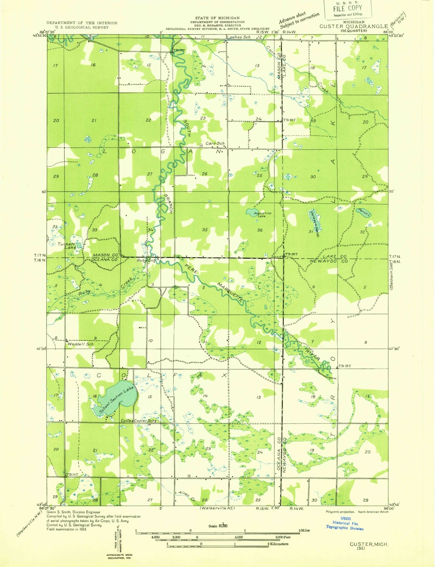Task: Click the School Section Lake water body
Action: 116,397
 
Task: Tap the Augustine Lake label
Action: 262,215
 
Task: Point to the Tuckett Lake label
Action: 67,246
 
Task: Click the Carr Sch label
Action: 215,144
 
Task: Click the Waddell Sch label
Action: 81,344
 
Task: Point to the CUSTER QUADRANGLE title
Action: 354,26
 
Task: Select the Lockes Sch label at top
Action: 238,37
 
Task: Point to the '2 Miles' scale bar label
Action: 304,530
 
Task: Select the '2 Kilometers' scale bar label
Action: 278,544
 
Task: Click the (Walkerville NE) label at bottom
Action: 217,508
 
